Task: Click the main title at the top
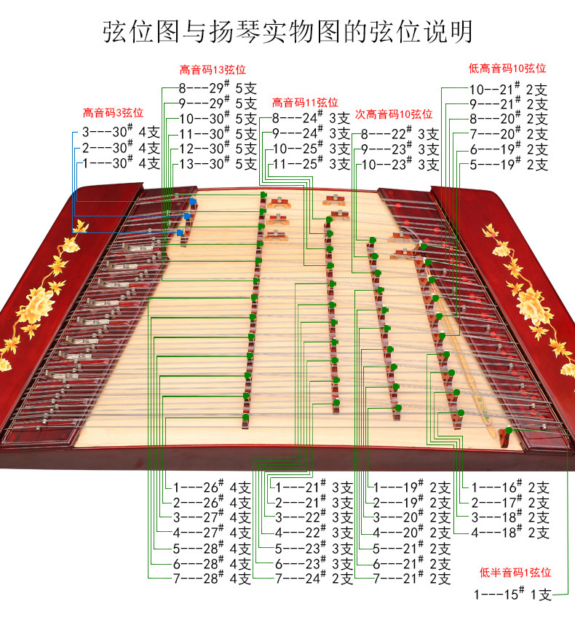coord(287,32)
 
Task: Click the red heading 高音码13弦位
coord(213,70)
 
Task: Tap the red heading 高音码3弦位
coord(113,113)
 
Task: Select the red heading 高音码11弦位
coord(305,102)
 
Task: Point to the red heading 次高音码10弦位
coord(394,114)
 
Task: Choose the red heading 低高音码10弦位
coord(507,68)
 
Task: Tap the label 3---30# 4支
coord(121,132)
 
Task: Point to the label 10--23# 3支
coord(400,164)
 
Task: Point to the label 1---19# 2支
coord(411,487)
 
